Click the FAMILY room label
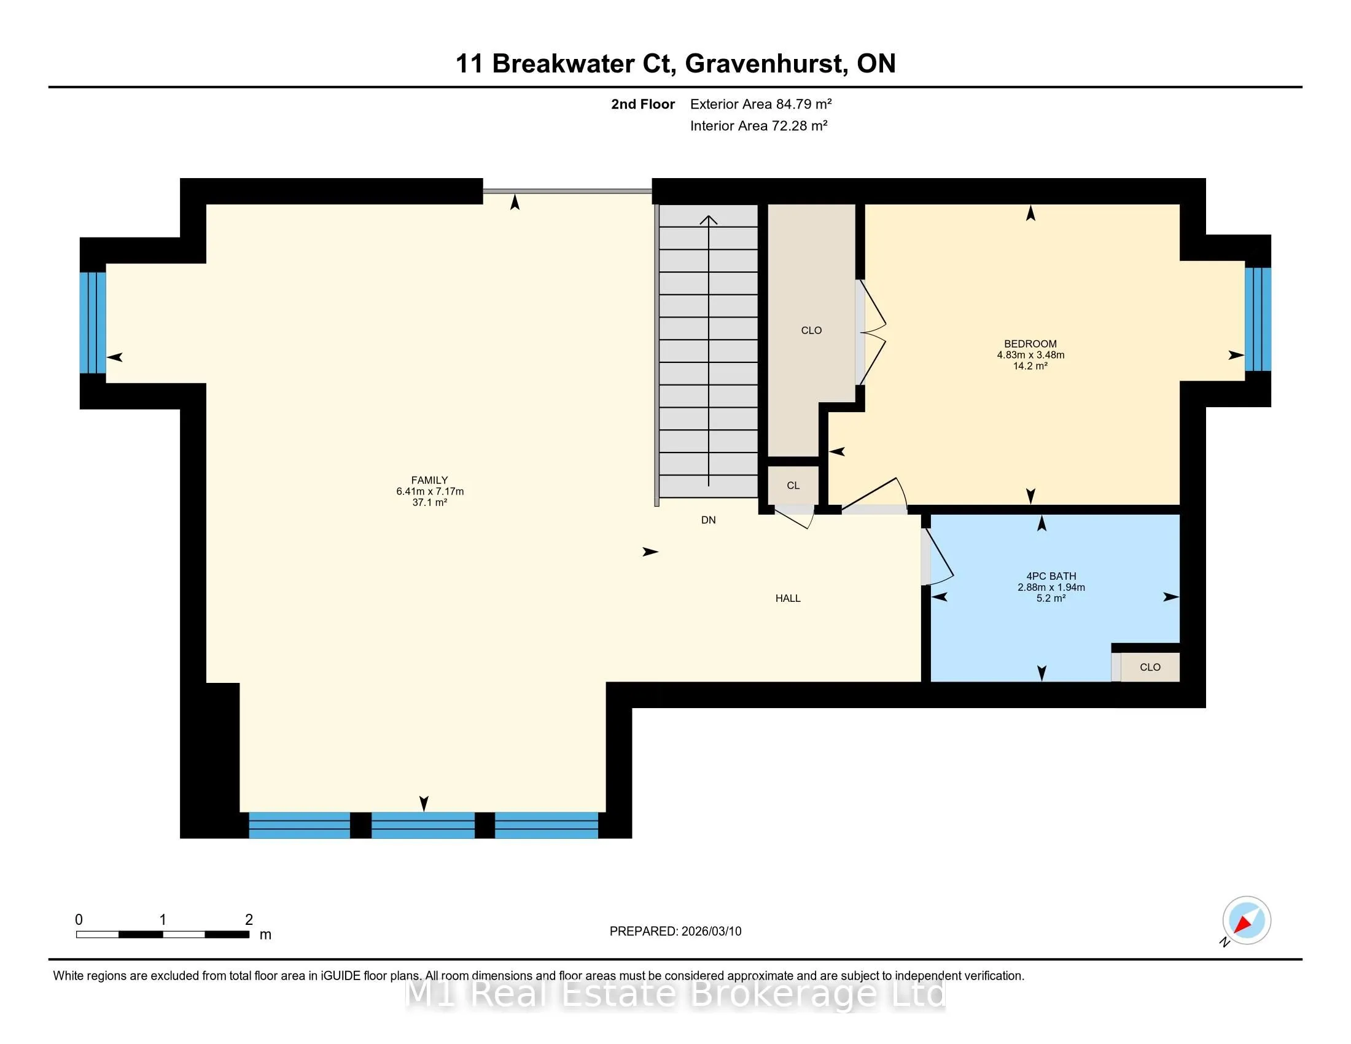pos(429,480)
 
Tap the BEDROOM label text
pos(1030,344)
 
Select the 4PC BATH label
pos(1051,576)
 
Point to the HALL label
pos(787,598)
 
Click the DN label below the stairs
pos(708,520)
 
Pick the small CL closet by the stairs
pos(793,486)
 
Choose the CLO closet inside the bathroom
pos(1150,668)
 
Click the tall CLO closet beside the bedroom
pos(811,330)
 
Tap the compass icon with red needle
pos(1246,921)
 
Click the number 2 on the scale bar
pos(249,920)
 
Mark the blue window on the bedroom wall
pos(1258,319)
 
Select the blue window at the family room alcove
pos(93,323)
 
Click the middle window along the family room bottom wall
pos(422,825)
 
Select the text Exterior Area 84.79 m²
pos(761,104)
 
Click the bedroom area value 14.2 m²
pos(1030,366)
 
